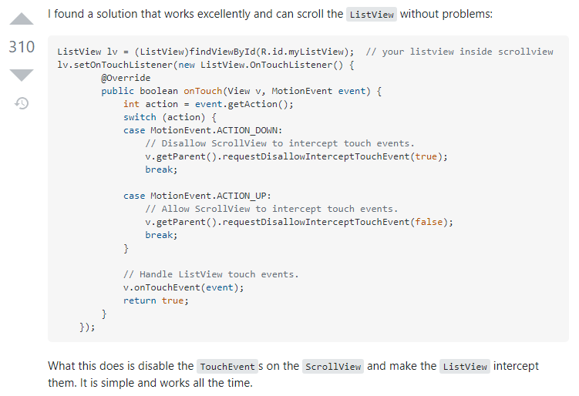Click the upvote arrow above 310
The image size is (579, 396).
[x=22, y=19]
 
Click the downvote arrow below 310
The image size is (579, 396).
[x=22, y=75]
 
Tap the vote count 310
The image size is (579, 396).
[x=22, y=47]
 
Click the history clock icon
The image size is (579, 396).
[x=22, y=102]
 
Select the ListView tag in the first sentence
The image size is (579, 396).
[x=372, y=15]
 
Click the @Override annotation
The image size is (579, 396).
[x=126, y=78]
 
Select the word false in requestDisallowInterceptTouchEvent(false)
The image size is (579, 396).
[x=430, y=222]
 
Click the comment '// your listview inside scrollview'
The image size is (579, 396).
[x=459, y=52]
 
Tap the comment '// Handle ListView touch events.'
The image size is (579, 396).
[x=210, y=274]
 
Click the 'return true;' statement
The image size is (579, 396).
[x=156, y=300]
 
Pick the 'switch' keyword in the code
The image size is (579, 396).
[x=140, y=117]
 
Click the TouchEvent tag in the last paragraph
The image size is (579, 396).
[x=227, y=367]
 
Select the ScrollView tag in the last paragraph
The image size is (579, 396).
[x=333, y=367]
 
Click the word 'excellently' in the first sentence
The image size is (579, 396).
[x=223, y=14]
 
